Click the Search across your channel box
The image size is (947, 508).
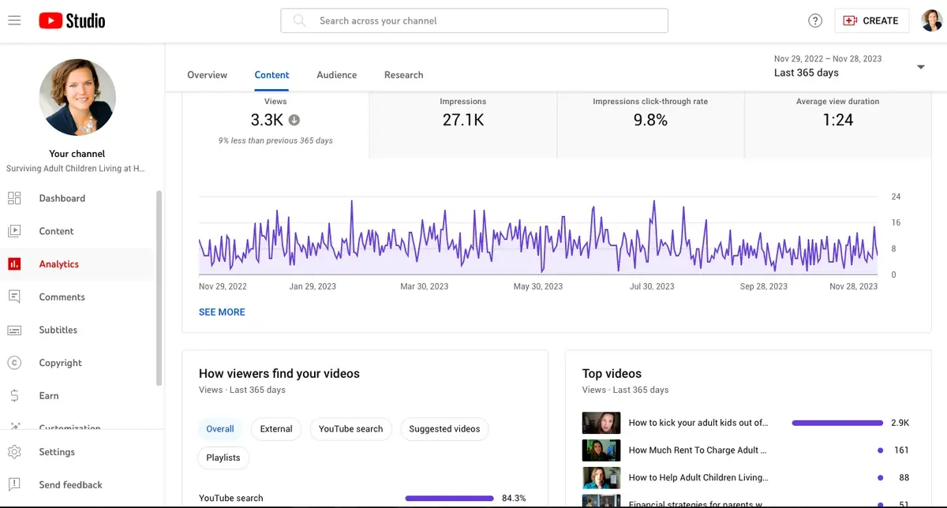pyautogui.click(x=473, y=21)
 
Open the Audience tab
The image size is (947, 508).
pyautogui.click(x=337, y=75)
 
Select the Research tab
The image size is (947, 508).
pyautogui.click(x=403, y=75)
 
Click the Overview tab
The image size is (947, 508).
pyautogui.click(x=207, y=75)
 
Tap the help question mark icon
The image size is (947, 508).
pyautogui.click(x=815, y=21)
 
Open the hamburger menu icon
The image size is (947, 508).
pyautogui.click(x=14, y=21)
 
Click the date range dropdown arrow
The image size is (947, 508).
pyautogui.click(x=920, y=67)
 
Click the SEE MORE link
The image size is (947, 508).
pyautogui.click(x=222, y=312)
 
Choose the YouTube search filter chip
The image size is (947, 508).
pyautogui.click(x=350, y=429)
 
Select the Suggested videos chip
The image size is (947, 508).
pyautogui.click(x=444, y=429)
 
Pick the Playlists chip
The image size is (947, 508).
pyautogui.click(x=223, y=458)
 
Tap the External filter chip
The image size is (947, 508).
pyautogui.click(x=276, y=429)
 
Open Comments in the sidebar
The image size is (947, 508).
pyautogui.click(x=62, y=297)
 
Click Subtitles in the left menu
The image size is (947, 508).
pyautogui.click(x=58, y=330)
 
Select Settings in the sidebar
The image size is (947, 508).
pyautogui.click(x=57, y=452)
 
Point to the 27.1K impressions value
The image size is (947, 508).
pyautogui.click(x=463, y=120)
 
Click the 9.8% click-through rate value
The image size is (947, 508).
pyautogui.click(x=650, y=120)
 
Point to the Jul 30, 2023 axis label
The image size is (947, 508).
pyautogui.click(x=652, y=286)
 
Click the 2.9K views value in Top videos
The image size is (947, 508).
pyautogui.click(x=900, y=423)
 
